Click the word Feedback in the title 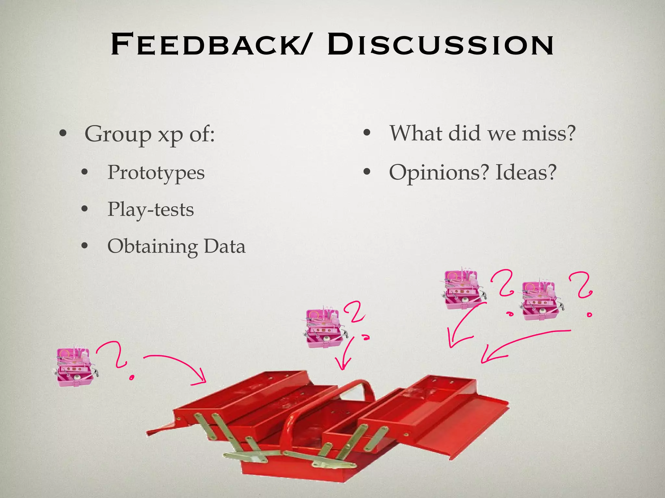208,44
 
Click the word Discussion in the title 440,44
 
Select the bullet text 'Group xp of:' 149,134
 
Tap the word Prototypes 156,172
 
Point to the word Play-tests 150,209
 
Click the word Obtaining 152,247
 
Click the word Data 224,246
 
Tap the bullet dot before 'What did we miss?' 367,133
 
